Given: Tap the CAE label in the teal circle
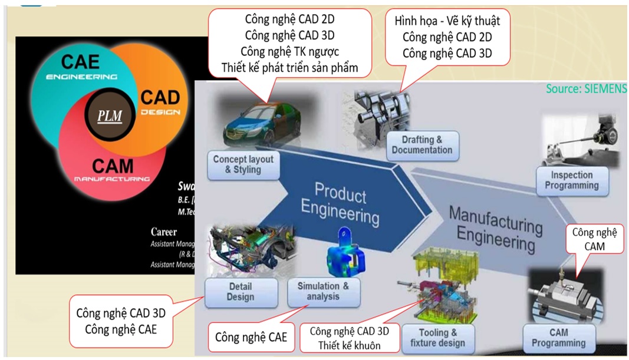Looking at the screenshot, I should click(81, 62).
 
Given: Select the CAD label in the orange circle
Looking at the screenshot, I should click(160, 97).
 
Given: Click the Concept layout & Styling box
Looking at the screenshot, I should click(243, 164).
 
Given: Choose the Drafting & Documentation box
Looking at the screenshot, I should click(421, 144).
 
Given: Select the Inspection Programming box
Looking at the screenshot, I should click(571, 180).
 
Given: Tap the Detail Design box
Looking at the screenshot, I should click(240, 291).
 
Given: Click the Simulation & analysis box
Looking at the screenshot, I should click(323, 291).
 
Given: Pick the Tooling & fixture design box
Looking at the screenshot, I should click(437, 338).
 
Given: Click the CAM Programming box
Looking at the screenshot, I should click(558, 338).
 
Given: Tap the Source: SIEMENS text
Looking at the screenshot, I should click(585, 88).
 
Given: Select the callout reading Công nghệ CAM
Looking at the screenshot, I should click(597, 239).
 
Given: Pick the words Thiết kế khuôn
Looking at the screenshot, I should click(350, 345).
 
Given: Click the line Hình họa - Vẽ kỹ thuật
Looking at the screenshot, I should click(447, 21).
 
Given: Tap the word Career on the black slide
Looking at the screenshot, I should click(164, 232).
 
